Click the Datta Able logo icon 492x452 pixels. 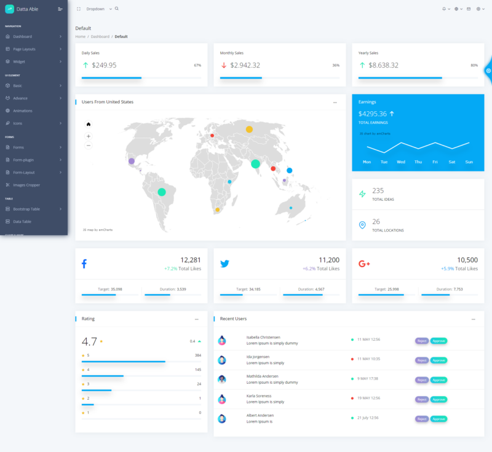[x=9, y=9]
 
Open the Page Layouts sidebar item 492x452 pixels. [x=25, y=49]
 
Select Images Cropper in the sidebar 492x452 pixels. [x=26, y=185]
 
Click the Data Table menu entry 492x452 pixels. [x=22, y=221]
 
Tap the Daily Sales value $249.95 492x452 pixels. [x=104, y=65]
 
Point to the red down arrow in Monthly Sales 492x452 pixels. [x=224, y=65]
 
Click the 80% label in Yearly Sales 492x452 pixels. [x=474, y=65]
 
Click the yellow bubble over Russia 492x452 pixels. [x=249, y=129]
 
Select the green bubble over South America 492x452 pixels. [x=162, y=192]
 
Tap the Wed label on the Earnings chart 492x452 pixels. [x=401, y=162]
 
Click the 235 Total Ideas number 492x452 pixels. [x=378, y=190]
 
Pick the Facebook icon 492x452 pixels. [x=84, y=264]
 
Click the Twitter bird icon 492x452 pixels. [x=224, y=264]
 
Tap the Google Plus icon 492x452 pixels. [x=364, y=264]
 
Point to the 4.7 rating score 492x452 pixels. [x=89, y=341]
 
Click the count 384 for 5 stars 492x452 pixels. [x=198, y=356]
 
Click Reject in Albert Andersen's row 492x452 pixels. [x=422, y=419]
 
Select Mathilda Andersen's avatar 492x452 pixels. [x=222, y=380]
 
